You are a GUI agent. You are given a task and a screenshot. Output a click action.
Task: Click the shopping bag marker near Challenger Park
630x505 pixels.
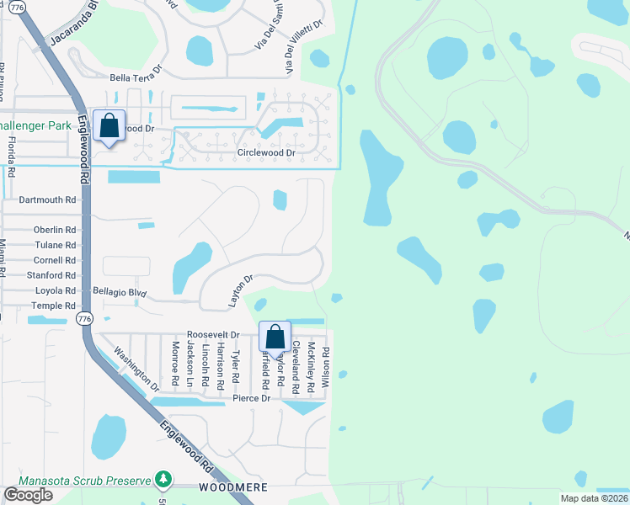coord(109,127)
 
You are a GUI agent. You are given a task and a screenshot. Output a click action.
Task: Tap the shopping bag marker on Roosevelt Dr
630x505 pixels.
coord(275,338)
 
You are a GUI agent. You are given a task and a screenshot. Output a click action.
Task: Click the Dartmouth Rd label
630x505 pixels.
coord(47,200)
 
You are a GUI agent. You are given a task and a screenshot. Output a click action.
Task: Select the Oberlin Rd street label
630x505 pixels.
coord(55,230)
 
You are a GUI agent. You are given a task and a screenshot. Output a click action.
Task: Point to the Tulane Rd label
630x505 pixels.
coord(55,245)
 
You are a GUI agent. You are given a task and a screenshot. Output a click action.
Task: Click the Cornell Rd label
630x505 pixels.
coord(54,260)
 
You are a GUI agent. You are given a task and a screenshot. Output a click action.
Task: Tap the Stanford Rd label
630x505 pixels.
coord(51,275)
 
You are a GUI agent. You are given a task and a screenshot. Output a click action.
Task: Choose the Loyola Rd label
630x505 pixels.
coord(55,290)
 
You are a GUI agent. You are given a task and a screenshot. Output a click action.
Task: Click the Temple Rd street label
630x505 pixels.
coord(54,306)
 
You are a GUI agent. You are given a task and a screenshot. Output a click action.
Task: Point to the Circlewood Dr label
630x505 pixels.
coord(266,153)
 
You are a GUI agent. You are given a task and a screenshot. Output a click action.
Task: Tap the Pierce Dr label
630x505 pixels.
coord(251,398)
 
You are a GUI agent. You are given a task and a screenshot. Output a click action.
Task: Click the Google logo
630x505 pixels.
coord(29,495)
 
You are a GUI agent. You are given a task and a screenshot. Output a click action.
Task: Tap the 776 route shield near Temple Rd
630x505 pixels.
coord(83,319)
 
